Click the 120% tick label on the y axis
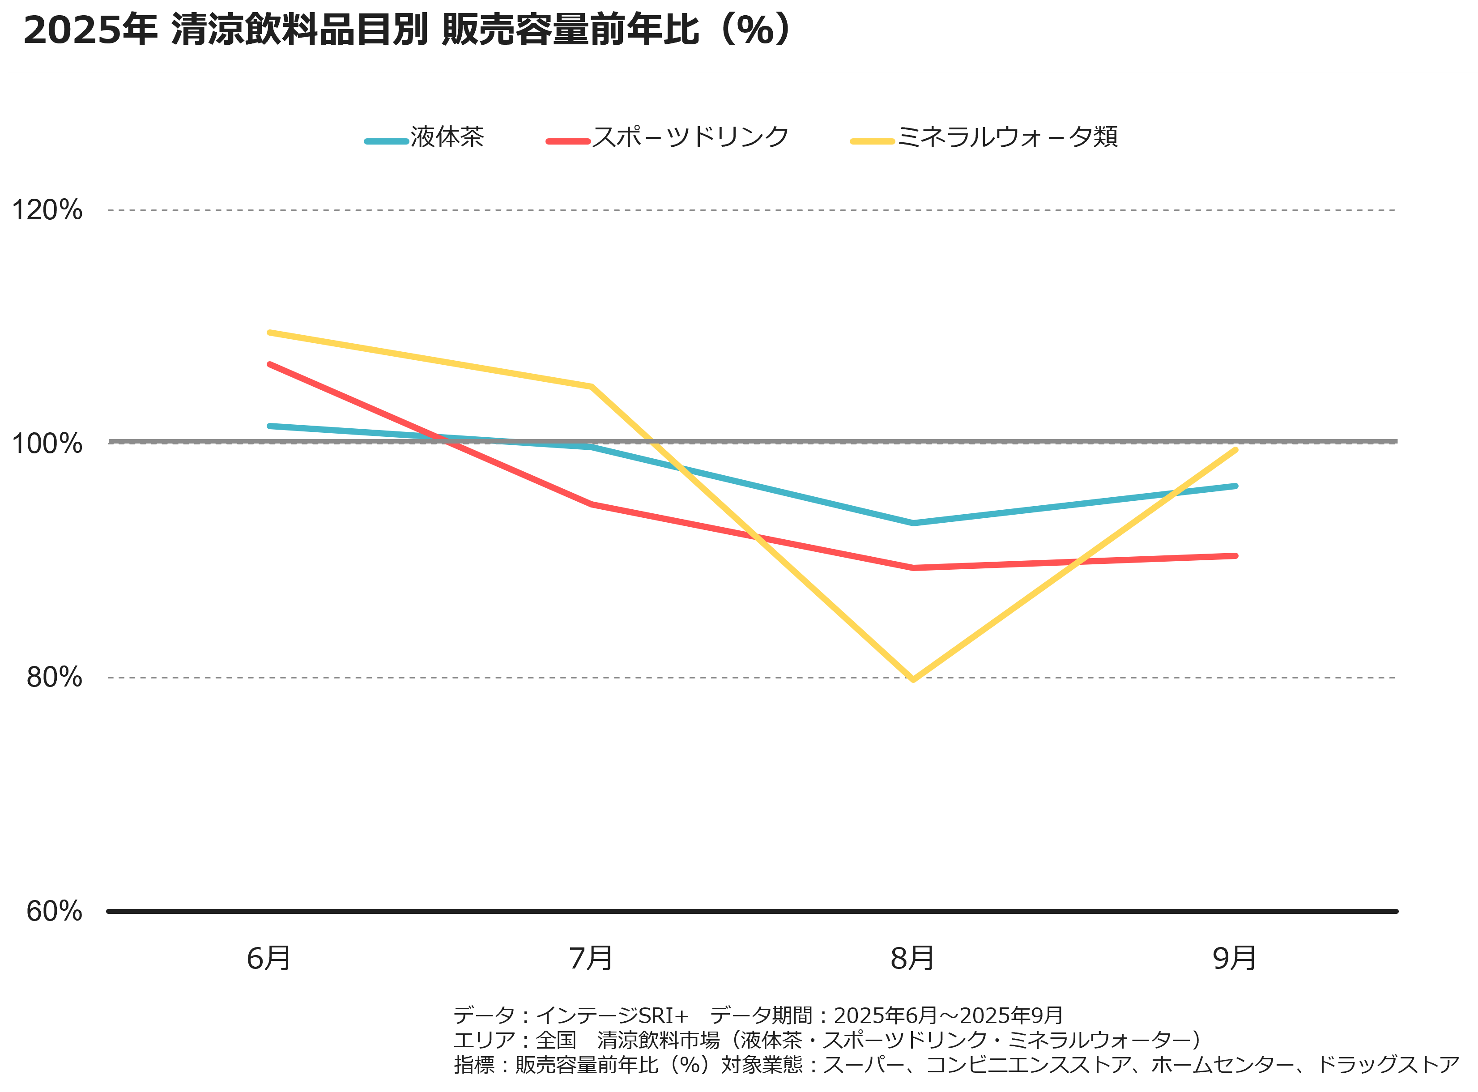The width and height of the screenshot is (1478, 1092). pyautogui.click(x=47, y=210)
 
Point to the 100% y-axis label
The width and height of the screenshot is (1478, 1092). pyautogui.click(x=47, y=443)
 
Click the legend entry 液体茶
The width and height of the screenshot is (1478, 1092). pyautogui.click(x=447, y=137)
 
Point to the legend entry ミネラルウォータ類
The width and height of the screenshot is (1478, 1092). pyautogui.click(x=1007, y=137)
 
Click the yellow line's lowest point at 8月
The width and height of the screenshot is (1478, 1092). pyautogui.click(x=913, y=679)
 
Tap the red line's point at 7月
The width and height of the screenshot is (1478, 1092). pyautogui.click(x=592, y=504)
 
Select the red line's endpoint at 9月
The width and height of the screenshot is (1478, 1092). pyautogui.click(x=1235, y=556)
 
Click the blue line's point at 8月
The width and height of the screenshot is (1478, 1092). pyautogui.click(x=913, y=523)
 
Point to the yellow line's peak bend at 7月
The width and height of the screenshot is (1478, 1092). pyautogui.click(x=592, y=387)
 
